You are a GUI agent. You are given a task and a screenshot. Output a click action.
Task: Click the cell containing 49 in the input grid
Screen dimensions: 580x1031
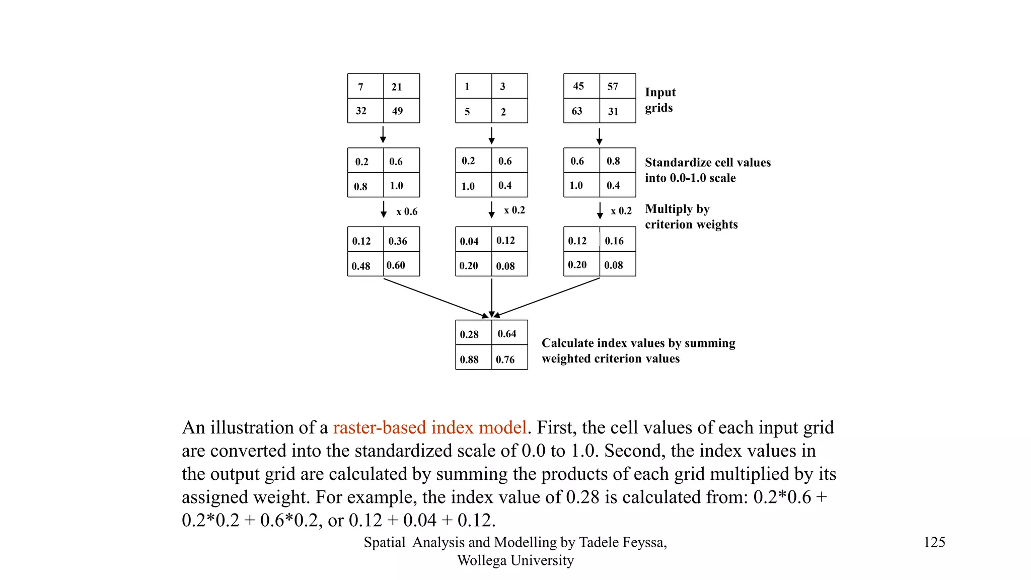click(401, 111)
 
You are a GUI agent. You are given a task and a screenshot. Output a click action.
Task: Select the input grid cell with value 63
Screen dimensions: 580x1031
click(581, 111)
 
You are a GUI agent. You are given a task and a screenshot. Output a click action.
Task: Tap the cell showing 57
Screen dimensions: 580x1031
click(617, 86)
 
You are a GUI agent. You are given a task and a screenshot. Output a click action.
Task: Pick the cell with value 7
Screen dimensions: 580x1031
click(365, 86)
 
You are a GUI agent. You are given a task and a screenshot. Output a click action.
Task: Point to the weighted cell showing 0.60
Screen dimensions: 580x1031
click(401, 264)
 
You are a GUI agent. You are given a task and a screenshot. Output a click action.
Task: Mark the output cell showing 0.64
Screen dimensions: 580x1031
click(509, 333)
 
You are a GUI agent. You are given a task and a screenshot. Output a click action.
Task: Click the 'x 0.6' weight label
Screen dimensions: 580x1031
click(407, 211)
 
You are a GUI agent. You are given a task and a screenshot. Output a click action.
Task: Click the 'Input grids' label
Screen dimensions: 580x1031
click(660, 100)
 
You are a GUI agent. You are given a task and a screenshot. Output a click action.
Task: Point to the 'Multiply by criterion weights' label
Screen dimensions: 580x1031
click(691, 216)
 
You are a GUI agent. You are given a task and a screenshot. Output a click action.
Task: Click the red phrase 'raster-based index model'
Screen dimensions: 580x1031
click(429, 427)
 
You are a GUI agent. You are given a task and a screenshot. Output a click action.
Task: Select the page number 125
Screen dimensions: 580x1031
click(934, 542)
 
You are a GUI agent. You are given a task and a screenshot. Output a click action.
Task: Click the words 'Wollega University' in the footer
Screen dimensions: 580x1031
click(515, 560)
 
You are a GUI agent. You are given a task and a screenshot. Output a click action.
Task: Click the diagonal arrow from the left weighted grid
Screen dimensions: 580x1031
click(435, 298)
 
